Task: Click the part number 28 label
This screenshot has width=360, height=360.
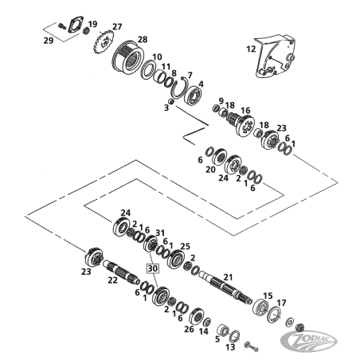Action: click(x=143, y=40)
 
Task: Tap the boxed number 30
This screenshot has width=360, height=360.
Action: click(x=152, y=268)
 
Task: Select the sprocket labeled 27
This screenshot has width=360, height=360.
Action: click(x=104, y=42)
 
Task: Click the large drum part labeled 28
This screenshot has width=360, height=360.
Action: click(x=127, y=58)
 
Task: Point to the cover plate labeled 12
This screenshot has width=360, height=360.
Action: click(x=275, y=57)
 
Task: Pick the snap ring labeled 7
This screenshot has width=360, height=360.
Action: click(x=180, y=88)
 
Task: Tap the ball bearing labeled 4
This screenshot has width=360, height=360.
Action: click(x=194, y=96)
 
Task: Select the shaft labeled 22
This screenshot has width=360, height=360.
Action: click(x=121, y=272)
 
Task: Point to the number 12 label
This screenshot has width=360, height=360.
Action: click(x=251, y=49)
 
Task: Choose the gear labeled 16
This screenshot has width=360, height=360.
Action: click(x=240, y=123)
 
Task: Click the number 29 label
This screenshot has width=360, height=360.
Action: click(x=49, y=41)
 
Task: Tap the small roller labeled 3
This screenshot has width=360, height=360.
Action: click(x=171, y=102)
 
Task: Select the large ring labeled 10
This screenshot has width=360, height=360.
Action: click(x=147, y=69)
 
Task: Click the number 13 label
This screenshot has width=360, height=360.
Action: click(x=230, y=346)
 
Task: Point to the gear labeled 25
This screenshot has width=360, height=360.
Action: click(x=176, y=259)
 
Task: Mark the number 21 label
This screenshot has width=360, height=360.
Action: click(x=228, y=277)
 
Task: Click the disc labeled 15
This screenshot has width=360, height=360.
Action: click(x=260, y=308)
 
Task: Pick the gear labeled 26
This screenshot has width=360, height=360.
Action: click(x=197, y=316)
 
